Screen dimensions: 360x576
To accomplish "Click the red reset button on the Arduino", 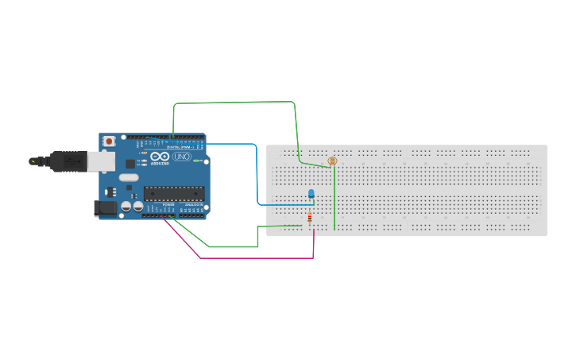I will (x=108, y=141).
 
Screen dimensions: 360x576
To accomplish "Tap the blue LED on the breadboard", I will (x=311, y=193).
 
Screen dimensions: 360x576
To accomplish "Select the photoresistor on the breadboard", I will (x=332, y=161).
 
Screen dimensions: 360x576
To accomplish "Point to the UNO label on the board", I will (x=182, y=157).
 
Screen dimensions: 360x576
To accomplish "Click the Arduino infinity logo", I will (x=160, y=157).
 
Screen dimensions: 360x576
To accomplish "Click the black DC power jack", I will (x=105, y=208).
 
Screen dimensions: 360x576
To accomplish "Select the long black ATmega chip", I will (x=174, y=193).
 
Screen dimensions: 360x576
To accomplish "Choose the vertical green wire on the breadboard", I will (x=334, y=199).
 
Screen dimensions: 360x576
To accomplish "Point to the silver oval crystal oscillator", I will (x=129, y=177).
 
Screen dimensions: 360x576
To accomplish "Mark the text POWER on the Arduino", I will (x=168, y=205).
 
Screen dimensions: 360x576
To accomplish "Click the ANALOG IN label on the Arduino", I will (x=194, y=205).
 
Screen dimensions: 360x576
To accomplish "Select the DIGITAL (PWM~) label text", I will (x=180, y=147).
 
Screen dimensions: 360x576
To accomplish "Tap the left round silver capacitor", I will (x=126, y=207).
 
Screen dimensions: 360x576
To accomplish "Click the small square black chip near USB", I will (x=130, y=164).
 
